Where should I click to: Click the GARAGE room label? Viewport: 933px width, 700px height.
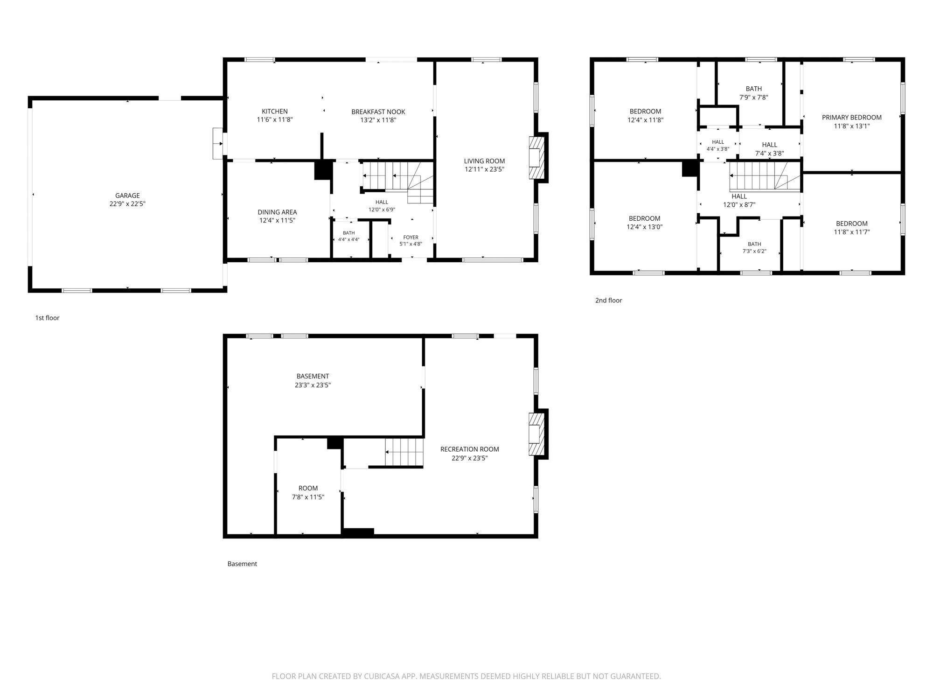[127, 196]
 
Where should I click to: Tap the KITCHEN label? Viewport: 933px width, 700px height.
[275, 111]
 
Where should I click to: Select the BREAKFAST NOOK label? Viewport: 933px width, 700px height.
[378, 112]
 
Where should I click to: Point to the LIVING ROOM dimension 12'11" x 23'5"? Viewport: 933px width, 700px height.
[484, 169]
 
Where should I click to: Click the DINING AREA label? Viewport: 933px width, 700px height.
[277, 212]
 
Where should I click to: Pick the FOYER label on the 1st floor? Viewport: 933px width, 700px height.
[411, 237]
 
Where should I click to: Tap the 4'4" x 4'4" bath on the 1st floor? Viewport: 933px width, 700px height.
[349, 236]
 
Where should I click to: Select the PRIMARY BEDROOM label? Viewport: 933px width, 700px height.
[852, 118]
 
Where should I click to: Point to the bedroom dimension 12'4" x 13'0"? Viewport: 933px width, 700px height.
[645, 227]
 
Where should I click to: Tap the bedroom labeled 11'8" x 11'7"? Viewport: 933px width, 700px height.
[852, 228]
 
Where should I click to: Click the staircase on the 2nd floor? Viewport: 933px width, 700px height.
[765, 176]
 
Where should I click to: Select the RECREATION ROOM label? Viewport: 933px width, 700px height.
[470, 449]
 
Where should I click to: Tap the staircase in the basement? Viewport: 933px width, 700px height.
[404, 452]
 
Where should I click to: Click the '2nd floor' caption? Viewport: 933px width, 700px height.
[608, 301]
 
